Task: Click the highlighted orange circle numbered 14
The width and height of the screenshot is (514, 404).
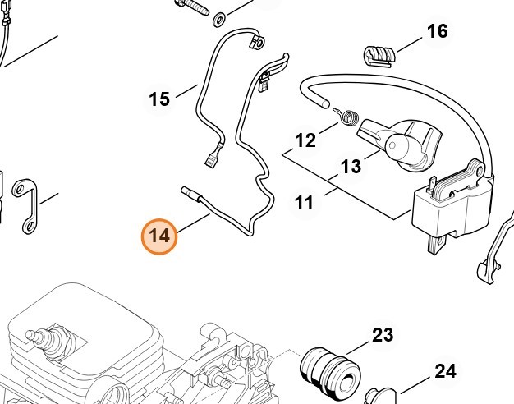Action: (159, 236)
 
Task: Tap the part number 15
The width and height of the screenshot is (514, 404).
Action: (159, 99)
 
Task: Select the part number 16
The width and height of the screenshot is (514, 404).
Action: (437, 31)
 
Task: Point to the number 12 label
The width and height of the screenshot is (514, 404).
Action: (305, 140)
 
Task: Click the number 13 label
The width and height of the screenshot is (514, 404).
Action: (351, 167)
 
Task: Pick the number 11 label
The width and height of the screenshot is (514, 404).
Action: (304, 202)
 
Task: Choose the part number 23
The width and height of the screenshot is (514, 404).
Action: (383, 335)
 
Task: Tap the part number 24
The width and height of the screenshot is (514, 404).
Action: (444, 371)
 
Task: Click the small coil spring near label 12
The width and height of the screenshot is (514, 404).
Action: (348, 117)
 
